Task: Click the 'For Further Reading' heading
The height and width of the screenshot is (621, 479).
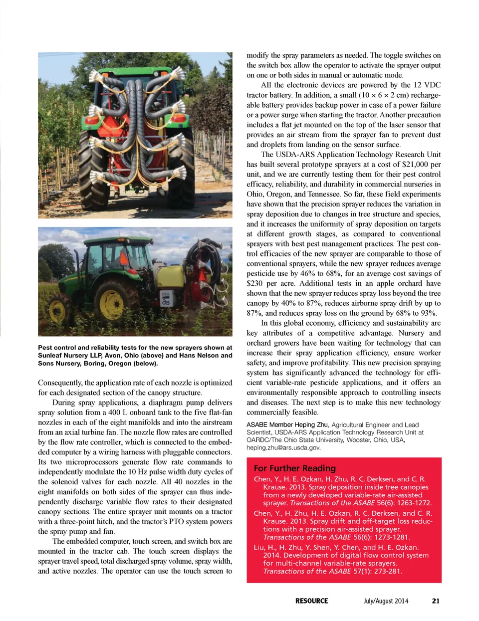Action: tap(294, 468)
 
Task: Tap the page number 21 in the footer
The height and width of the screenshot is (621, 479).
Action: tap(436, 601)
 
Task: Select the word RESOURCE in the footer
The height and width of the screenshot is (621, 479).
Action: tap(311, 601)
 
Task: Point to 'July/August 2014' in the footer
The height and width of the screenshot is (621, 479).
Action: tap(386, 601)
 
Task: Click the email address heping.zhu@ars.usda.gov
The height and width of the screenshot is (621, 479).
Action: tap(283, 447)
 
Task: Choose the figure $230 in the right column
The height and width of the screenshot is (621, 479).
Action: tap(255, 283)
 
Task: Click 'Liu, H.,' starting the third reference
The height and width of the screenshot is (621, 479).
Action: tap(265, 547)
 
